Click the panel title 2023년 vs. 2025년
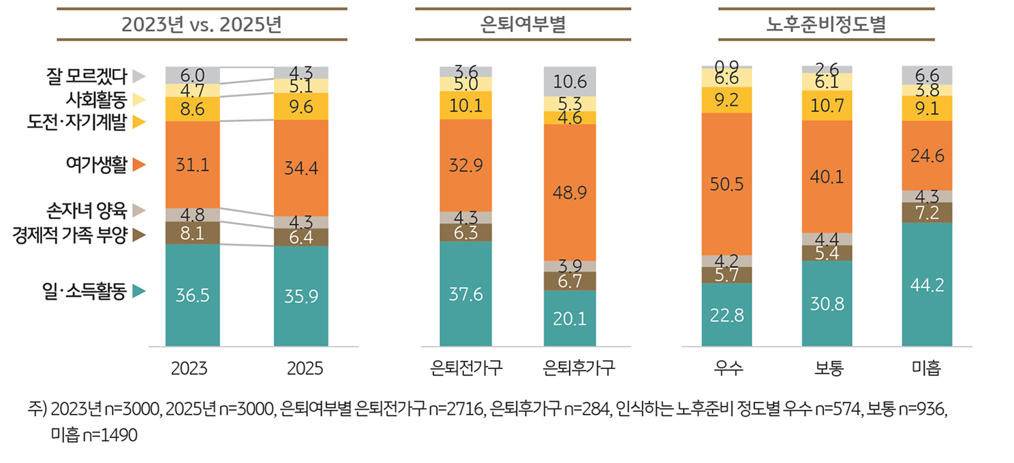tap(201, 25)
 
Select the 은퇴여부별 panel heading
tap(523, 25)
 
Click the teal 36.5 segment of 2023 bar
tap(193, 295)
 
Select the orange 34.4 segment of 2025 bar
tap(301, 168)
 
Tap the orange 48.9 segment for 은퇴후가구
tap(570, 192)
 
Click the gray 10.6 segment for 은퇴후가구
tap(570, 81)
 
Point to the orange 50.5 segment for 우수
tap(726, 184)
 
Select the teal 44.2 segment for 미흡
tap(927, 284)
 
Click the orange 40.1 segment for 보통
tap(827, 177)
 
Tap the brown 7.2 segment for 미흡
tap(927, 213)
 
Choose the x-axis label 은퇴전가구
tap(467, 369)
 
